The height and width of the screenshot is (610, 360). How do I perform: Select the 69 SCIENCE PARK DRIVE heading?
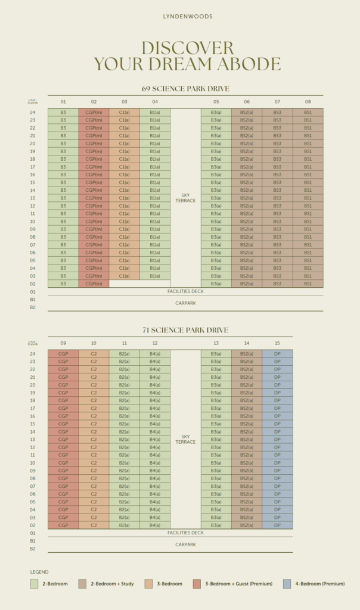click(x=185, y=89)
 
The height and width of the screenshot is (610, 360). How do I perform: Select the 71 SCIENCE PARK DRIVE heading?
click(x=185, y=330)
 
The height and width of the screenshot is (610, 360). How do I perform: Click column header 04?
click(x=155, y=102)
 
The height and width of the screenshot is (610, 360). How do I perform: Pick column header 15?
click(x=277, y=343)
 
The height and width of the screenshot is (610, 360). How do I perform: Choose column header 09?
click(x=63, y=343)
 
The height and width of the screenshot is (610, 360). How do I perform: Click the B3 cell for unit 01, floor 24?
click(x=63, y=112)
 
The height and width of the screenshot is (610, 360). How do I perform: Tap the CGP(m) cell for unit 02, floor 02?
click(x=94, y=284)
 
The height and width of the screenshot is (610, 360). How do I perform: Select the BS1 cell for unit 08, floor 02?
click(x=308, y=284)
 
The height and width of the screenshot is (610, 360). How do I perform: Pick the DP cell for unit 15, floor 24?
click(x=277, y=354)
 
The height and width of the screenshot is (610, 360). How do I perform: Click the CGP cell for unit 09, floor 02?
click(x=63, y=525)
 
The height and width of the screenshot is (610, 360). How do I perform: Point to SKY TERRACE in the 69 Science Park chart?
click(x=185, y=197)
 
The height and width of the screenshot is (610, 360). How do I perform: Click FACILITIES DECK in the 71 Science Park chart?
click(x=185, y=533)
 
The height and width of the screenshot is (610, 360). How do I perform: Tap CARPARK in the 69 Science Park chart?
click(x=185, y=303)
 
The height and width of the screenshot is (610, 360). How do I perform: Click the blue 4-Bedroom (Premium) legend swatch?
click(x=287, y=584)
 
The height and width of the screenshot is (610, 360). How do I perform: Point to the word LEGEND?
click(x=39, y=572)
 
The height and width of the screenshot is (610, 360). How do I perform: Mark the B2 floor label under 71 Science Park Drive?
click(x=33, y=549)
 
